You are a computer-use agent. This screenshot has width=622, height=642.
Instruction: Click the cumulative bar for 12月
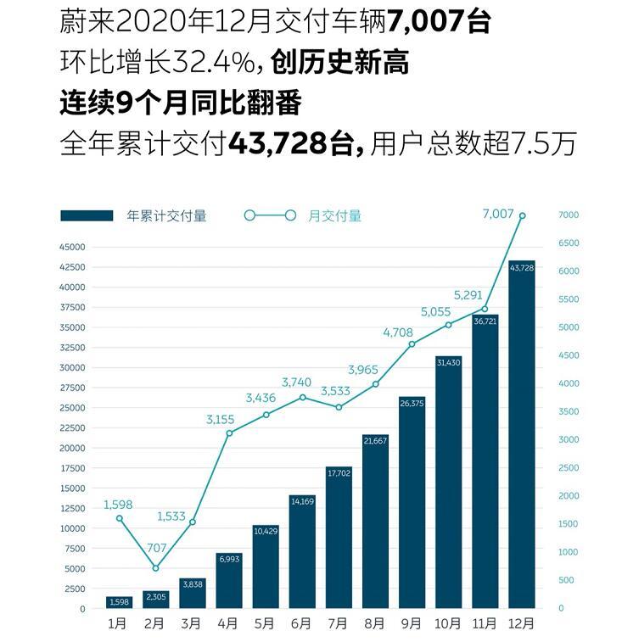click(521, 434)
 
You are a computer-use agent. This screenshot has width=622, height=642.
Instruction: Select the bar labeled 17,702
click(339, 538)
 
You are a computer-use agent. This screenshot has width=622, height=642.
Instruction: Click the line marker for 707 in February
click(155, 568)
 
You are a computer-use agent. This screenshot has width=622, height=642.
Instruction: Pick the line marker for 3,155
click(229, 433)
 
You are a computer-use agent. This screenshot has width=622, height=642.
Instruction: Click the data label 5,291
click(468, 295)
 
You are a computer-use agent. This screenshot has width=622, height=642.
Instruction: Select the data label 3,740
click(303, 382)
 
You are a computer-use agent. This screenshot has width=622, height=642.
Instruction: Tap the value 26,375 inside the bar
click(412, 404)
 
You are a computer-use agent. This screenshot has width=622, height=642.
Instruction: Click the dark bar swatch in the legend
click(87, 216)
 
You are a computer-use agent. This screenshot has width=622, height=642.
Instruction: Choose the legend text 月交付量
click(334, 216)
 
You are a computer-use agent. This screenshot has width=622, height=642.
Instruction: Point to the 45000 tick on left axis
click(71, 247)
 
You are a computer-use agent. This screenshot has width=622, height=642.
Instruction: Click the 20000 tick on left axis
click(71, 448)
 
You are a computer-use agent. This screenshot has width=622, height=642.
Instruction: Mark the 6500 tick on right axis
click(568, 243)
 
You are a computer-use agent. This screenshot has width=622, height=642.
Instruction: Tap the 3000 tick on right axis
click(568, 440)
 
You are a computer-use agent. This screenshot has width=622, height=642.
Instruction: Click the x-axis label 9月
click(412, 624)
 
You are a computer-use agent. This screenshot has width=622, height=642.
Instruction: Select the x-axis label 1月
click(119, 624)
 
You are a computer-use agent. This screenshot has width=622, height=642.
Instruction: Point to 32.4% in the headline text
click(223, 62)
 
